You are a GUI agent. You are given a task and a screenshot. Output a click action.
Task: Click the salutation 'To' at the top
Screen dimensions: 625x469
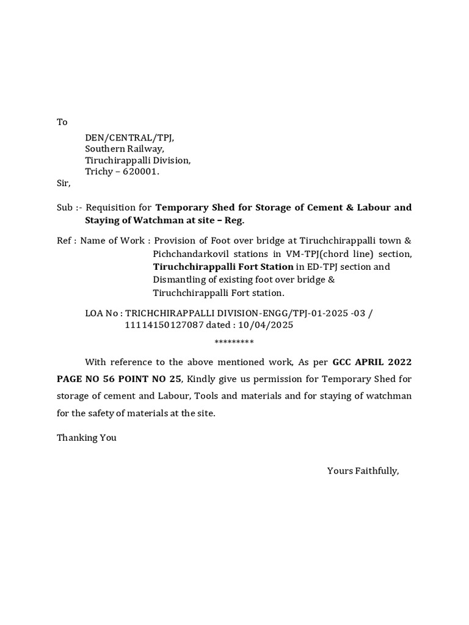62,122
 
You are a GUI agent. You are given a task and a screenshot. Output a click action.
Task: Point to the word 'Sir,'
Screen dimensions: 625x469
64,183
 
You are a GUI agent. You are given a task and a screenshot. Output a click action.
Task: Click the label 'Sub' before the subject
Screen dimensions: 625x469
65,208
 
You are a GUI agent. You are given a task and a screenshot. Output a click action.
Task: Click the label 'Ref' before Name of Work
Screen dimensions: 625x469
64,240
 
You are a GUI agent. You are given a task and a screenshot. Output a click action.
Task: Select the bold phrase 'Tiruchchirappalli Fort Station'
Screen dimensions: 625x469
223,267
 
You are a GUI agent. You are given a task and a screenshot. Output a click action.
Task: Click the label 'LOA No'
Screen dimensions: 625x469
101,313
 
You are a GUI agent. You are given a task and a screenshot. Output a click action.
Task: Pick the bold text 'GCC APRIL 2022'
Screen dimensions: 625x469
372,362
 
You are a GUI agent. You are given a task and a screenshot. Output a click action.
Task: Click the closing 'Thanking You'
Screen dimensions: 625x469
86,438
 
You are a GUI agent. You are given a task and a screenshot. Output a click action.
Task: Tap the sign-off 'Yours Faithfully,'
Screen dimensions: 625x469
363,471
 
